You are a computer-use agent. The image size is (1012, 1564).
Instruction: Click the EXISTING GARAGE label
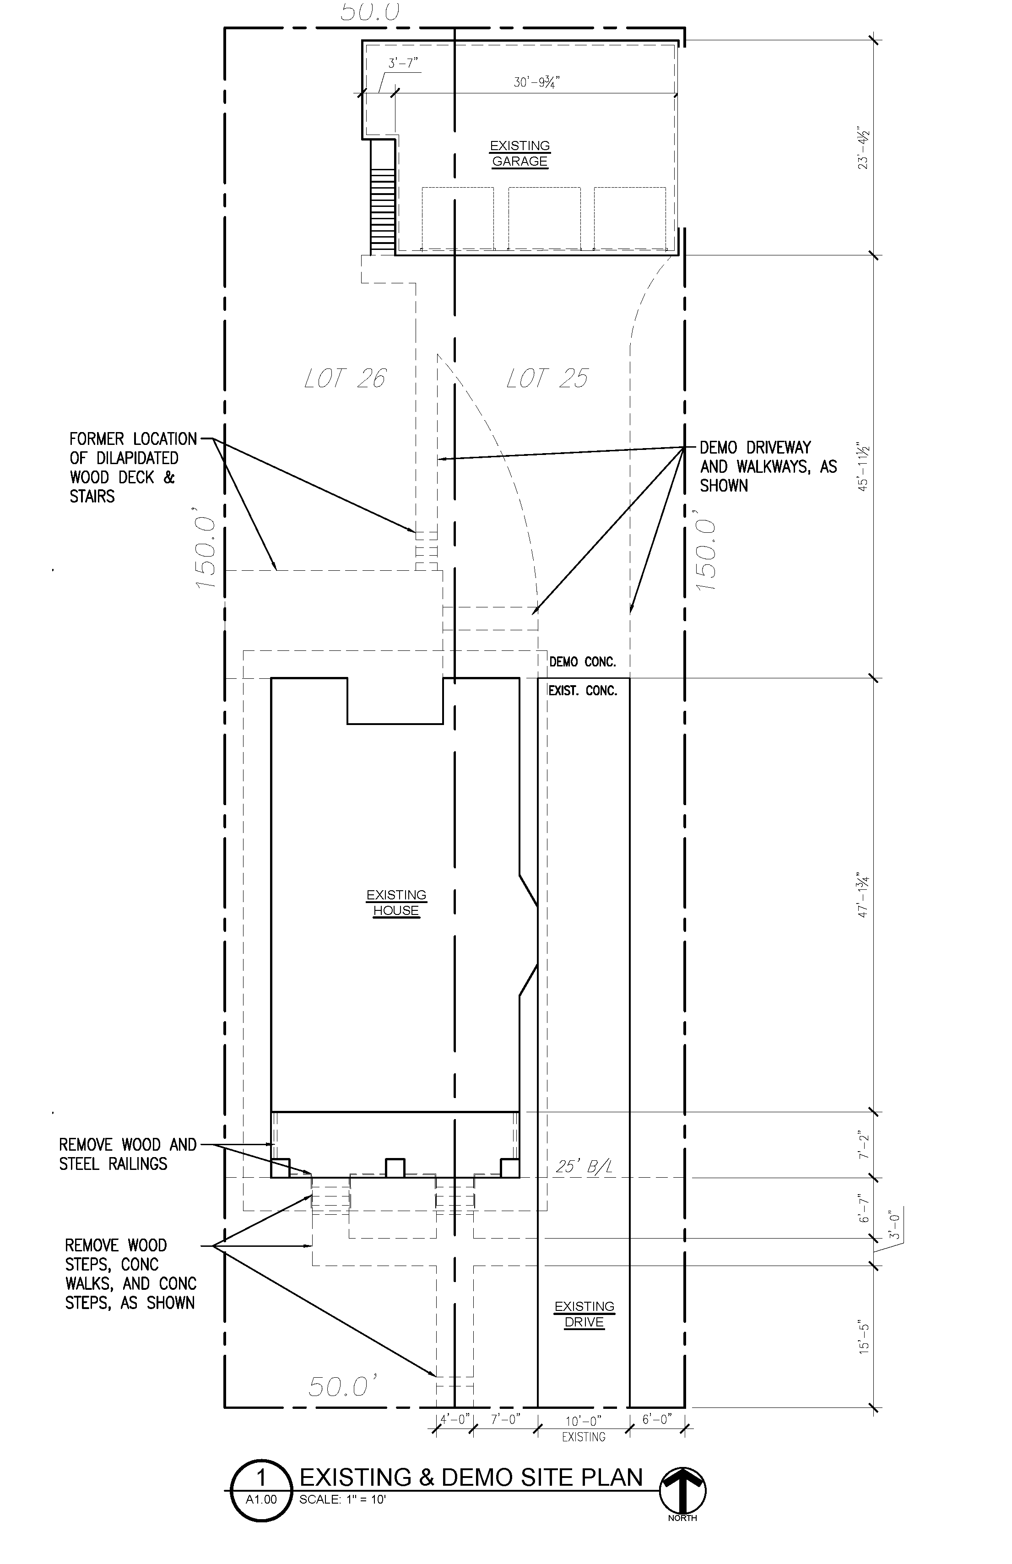tap(520, 154)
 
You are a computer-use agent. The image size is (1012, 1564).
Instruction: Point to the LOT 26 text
tap(346, 379)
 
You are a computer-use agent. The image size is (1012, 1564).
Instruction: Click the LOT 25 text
tap(547, 379)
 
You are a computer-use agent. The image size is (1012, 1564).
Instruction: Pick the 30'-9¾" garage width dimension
tap(537, 83)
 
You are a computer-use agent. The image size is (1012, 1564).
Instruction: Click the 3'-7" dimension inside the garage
tap(403, 64)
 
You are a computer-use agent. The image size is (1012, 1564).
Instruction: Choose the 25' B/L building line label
tap(584, 1166)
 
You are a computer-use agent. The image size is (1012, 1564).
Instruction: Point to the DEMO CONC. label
tap(582, 662)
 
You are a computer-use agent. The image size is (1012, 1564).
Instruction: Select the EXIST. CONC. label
tap(583, 691)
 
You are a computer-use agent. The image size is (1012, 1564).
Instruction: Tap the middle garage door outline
tap(545, 219)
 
